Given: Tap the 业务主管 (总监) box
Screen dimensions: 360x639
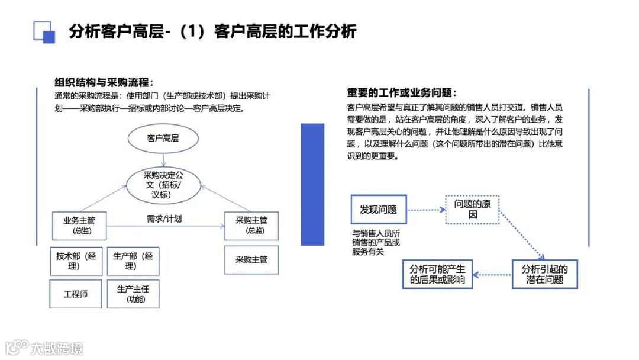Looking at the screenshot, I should pos(79,225).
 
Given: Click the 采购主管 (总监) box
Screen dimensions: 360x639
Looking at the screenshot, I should pos(251,225).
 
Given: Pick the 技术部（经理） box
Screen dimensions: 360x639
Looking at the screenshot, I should pos(76,261).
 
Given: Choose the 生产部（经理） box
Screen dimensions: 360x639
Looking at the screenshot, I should pos(133,261).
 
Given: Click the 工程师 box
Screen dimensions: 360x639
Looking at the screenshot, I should pos(76,294).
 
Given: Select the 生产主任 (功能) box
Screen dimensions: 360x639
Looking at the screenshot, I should pos(133,294).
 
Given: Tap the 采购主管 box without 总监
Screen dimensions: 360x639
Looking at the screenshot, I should pos(251,259).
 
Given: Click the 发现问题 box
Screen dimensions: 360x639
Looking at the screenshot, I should pos(378,210).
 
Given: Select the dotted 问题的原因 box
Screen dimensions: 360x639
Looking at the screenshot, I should pos(472,210).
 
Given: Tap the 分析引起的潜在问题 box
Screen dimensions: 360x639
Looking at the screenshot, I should pos(544,274).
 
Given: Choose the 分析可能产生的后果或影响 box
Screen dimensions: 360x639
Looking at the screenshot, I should pos(437,274).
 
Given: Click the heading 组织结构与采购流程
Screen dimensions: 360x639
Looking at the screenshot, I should pos(104,82).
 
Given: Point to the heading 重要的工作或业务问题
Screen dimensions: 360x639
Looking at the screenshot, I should pos(402,93).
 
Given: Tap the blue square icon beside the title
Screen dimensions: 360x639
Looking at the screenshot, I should pos(44,32).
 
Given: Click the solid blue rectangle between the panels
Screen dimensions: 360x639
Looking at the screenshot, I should pos(312,184).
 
